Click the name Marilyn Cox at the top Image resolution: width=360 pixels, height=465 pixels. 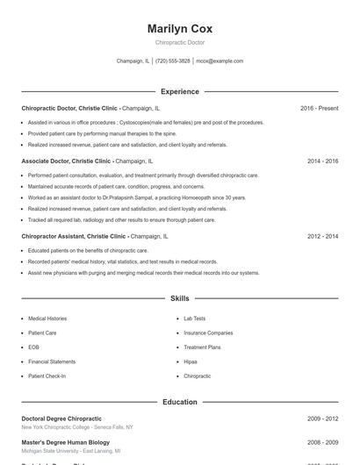[x=179, y=29]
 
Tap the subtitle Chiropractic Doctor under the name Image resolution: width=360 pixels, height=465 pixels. [x=179, y=42]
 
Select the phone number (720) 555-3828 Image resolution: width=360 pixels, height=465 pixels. [x=173, y=61]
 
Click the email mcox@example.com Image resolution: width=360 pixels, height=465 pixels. [x=220, y=61]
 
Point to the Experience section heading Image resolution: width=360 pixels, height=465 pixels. [x=179, y=91]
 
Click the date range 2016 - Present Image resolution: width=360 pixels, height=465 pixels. [x=319, y=108]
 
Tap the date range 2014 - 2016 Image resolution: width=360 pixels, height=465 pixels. [x=322, y=161]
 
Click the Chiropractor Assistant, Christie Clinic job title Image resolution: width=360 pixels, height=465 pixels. [x=75, y=236]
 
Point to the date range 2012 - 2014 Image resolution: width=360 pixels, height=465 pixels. [x=322, y=236]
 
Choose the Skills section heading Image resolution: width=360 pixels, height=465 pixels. [x=179, y=298]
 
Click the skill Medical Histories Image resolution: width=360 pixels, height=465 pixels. [x=47, y=318]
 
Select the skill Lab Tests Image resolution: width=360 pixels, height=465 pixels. [x=194, y=318]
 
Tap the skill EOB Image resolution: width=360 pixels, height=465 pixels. [x=32, y=347]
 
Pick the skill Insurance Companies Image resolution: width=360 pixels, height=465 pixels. [x=208, y=333]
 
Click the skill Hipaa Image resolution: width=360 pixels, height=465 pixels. [x=191, y=361]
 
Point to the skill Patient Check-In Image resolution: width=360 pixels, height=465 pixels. [x=47, y=376]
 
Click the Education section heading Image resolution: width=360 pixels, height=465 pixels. [x=179, y=402]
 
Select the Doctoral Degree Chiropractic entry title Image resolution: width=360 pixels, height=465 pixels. [x=61, y=418]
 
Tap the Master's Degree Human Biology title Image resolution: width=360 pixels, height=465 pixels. [x=66, y=442]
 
